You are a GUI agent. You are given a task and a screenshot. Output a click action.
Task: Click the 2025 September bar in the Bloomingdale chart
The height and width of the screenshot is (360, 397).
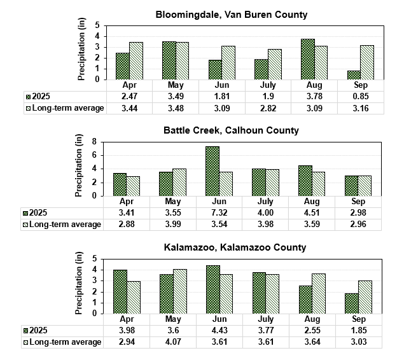click(x=354, y=75)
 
